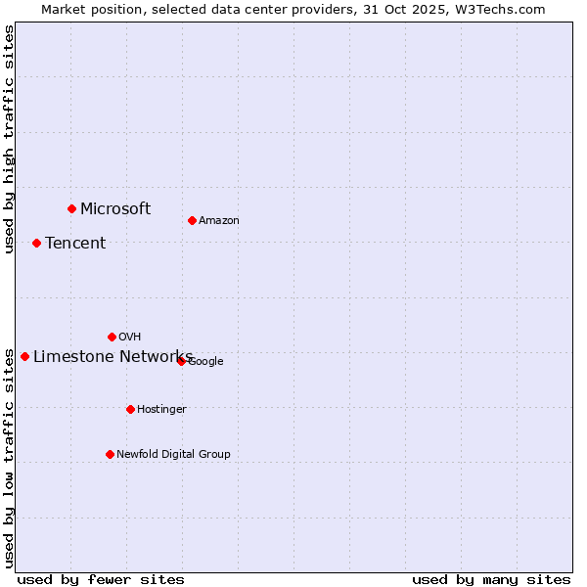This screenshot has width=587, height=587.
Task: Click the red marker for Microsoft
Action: [71, 208]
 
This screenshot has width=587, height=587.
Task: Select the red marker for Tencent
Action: [36, 243]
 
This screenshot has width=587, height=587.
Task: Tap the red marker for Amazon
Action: [192, 220]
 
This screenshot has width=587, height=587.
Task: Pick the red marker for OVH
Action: [112, 337]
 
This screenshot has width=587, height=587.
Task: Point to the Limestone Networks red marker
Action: [24, 356]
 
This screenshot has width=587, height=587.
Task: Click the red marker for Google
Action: [181, 361]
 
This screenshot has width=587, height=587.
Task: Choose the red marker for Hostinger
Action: [130, 409]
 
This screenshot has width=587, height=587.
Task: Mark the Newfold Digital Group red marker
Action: [110, 454]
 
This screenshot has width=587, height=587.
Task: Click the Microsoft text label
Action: [115, 208]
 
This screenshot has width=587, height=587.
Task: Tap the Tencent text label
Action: [75, 243]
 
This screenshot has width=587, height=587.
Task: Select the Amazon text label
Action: [219, 220]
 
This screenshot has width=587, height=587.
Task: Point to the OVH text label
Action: [130, 337]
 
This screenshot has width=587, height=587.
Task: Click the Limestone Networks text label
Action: [113, 356]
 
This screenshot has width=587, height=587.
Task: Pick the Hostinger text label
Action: [161, 409]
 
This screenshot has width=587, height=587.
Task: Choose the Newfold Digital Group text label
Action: [173, 454]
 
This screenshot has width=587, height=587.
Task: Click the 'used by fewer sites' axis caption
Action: [101, 579]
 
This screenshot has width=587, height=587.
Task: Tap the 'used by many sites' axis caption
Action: [491, 579]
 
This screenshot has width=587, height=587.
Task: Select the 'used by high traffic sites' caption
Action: [9, 139]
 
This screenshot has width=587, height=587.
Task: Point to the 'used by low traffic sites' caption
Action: [9, 457]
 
